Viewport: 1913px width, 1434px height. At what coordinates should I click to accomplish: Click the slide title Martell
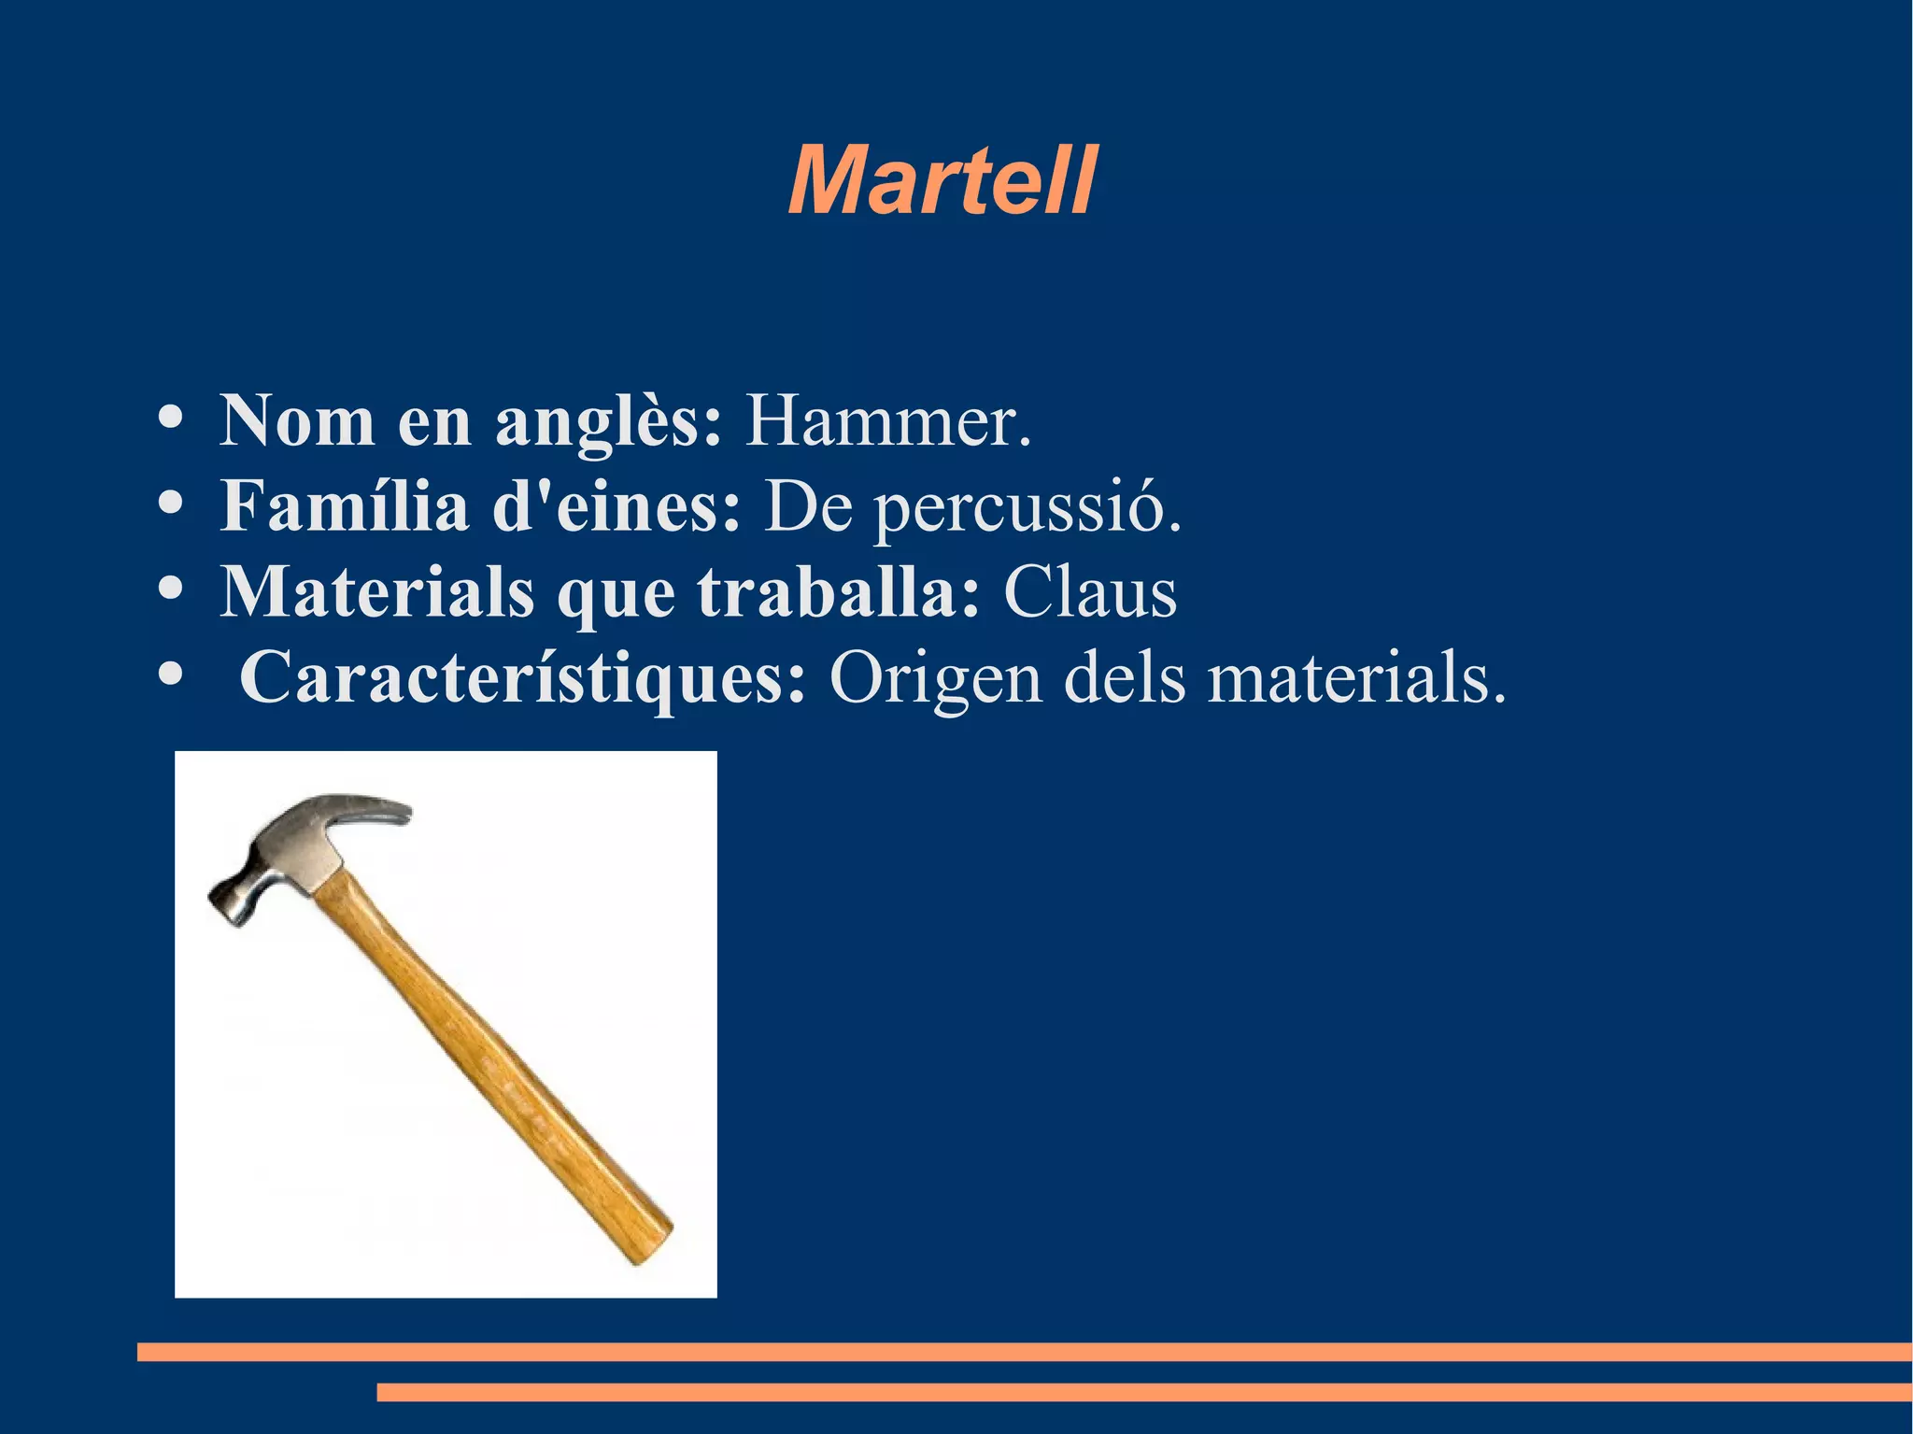point(942,180)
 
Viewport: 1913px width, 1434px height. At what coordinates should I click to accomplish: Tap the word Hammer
point(886,421)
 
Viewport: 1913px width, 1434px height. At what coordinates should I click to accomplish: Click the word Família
point(345,505)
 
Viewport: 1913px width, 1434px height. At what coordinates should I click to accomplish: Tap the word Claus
point(1089,591)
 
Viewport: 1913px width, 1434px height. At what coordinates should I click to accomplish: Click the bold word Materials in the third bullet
point(377,591)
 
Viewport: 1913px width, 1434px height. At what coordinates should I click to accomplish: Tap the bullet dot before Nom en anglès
point(170,418)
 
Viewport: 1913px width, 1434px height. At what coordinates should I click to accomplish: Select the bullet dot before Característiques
point(170,672)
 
